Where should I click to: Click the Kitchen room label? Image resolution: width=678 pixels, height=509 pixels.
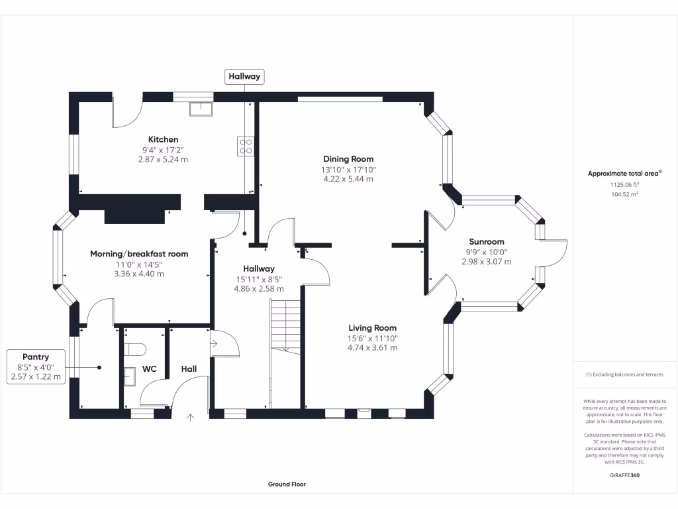tap(163, 139)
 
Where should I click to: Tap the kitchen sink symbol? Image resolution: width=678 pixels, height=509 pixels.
tap(200, 108)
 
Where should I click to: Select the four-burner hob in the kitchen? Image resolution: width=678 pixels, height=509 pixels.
tap(245, 146)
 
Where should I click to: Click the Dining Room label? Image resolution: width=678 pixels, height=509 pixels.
tap(348, 159)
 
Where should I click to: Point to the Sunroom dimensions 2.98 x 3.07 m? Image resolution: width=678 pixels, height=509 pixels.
tap(487, 262)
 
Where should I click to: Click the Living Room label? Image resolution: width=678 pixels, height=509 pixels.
tap(373, 327)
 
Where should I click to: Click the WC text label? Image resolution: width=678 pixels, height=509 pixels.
tap(150, 369)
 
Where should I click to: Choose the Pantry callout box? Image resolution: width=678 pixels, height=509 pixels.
tap(36, 367)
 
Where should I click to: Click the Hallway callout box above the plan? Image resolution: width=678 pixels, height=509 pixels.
tap(244, 77)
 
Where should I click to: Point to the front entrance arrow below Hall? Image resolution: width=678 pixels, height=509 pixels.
tap(191, 418)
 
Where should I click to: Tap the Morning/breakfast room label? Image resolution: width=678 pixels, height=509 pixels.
tap(139, 254)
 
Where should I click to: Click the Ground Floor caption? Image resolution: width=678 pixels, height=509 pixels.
tap(287, 484)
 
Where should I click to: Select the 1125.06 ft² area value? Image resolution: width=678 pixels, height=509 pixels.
tap(625, 186)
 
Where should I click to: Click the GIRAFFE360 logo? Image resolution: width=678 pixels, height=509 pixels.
tap(625, 475)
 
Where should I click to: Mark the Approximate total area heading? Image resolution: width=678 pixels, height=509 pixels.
tap(625, 174)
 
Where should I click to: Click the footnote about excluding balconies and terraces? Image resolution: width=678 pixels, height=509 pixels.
tap(625, 374)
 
